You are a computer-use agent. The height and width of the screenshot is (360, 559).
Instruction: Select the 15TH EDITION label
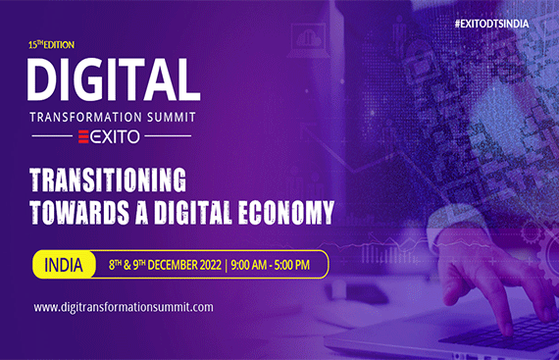tap(52, 45)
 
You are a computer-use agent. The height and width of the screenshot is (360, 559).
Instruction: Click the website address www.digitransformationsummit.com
tap(124, 307)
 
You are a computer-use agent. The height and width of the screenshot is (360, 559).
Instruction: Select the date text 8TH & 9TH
tap(114, 264)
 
